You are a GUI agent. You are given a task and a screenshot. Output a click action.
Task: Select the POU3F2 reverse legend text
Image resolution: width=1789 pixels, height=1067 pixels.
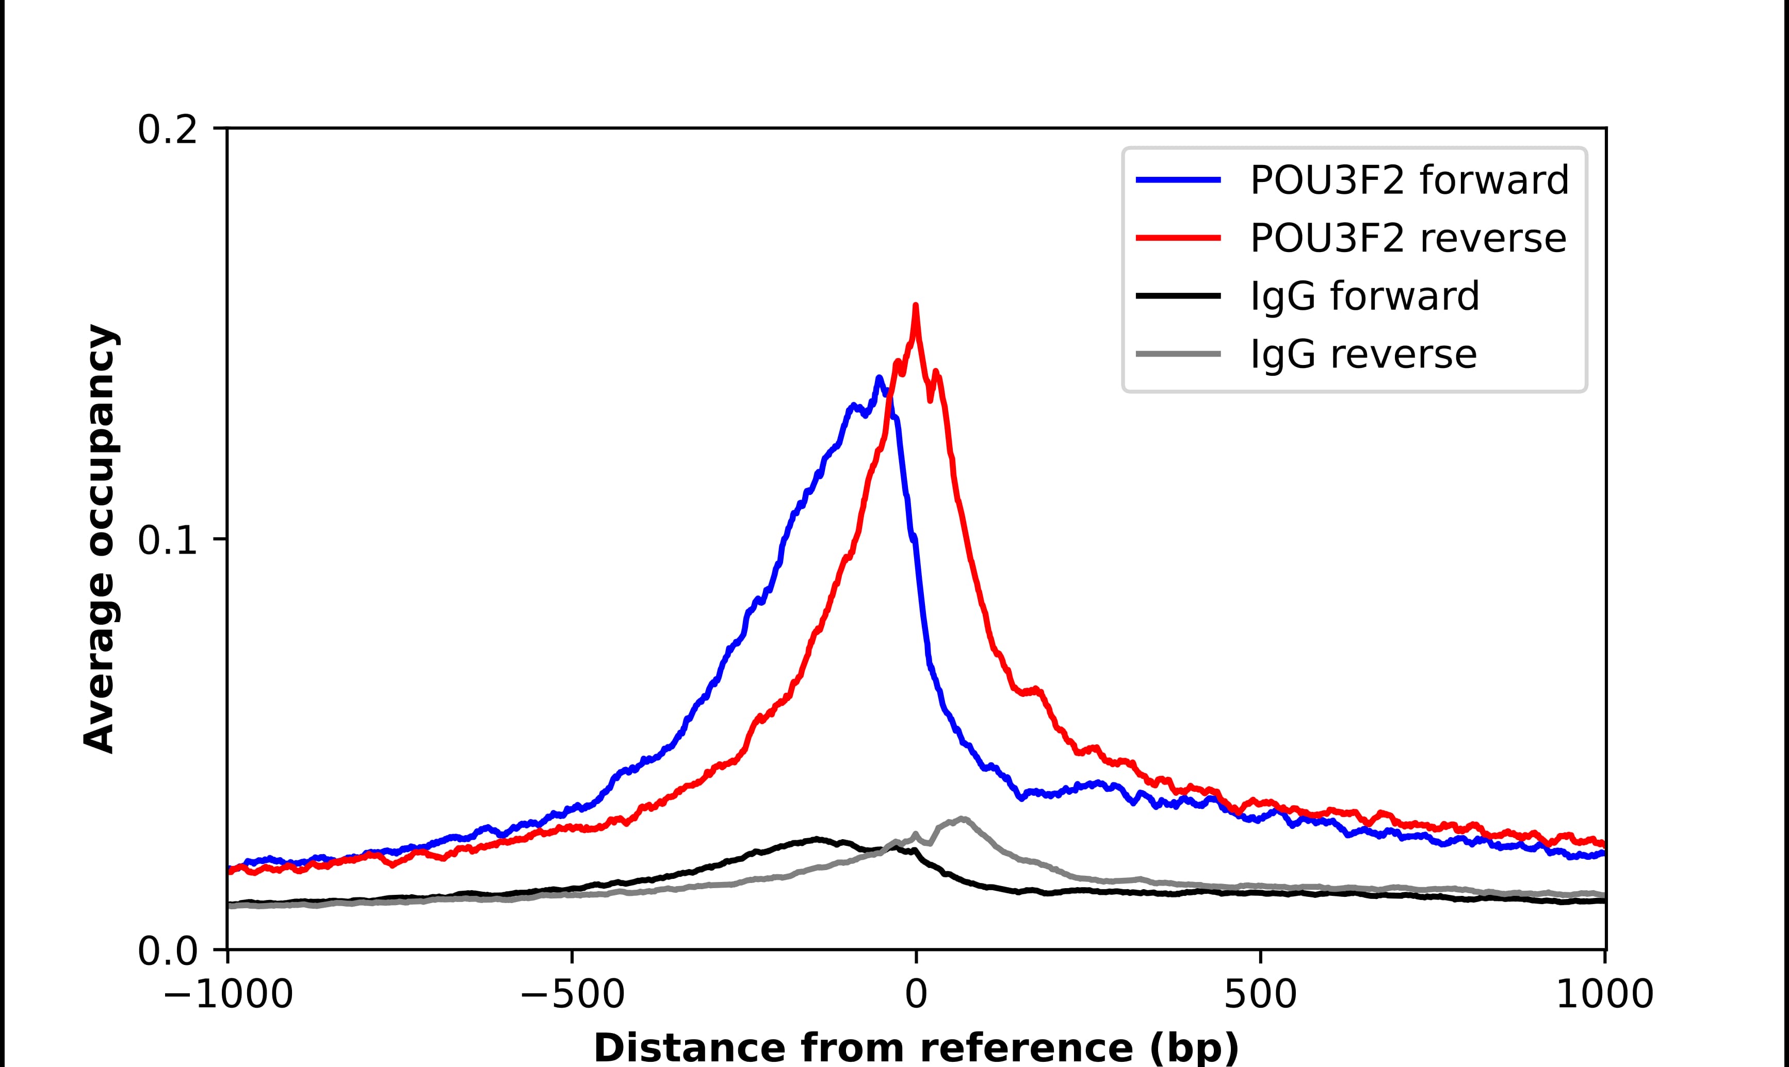(x=1408, y=238)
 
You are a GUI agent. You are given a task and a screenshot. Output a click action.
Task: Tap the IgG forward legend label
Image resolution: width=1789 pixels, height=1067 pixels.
(x=1364, y=296)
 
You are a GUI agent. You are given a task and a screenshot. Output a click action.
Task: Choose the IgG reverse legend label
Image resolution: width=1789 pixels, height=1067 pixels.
(x=1363, y=355)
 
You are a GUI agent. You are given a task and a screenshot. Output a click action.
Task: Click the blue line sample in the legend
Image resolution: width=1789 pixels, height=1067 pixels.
(x=1178, y=180)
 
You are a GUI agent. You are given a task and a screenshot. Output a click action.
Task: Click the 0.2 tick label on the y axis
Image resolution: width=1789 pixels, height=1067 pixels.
(x=167, y=130)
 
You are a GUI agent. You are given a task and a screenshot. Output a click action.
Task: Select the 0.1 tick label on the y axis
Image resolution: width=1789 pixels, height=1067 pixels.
(x=167, y=541)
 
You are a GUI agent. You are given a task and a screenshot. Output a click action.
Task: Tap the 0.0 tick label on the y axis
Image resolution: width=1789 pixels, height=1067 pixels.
(x=167, y=952)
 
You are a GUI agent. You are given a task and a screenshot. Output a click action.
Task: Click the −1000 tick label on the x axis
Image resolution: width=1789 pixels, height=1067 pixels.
(x=228, y=996)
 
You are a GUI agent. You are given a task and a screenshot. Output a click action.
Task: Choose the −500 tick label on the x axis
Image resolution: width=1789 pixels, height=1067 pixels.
(x=572, y=996)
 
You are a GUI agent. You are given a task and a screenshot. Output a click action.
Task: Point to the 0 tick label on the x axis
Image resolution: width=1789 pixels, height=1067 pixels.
(x=916, y=996)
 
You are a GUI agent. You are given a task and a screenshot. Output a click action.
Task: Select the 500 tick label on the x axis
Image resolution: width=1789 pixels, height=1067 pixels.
(x=1260, y=996)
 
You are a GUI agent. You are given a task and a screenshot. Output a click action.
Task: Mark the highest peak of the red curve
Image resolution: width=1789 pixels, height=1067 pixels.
(x=915, y=306)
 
